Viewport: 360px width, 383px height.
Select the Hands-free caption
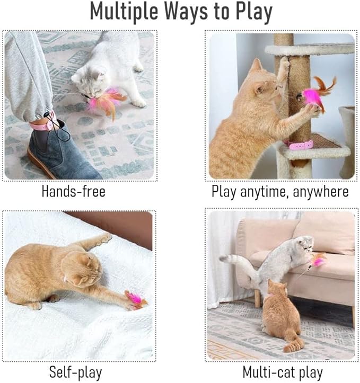pos(73,191)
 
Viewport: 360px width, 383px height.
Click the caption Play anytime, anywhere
pos(280,191)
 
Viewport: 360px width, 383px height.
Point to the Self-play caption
pos(75,371)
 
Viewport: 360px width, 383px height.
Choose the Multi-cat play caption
pos(282,371)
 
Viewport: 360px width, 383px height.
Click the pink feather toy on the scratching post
pos(317,95)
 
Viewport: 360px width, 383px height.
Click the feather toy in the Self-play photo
pos(136,300)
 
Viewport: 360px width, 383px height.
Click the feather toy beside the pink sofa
pos(319,260)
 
